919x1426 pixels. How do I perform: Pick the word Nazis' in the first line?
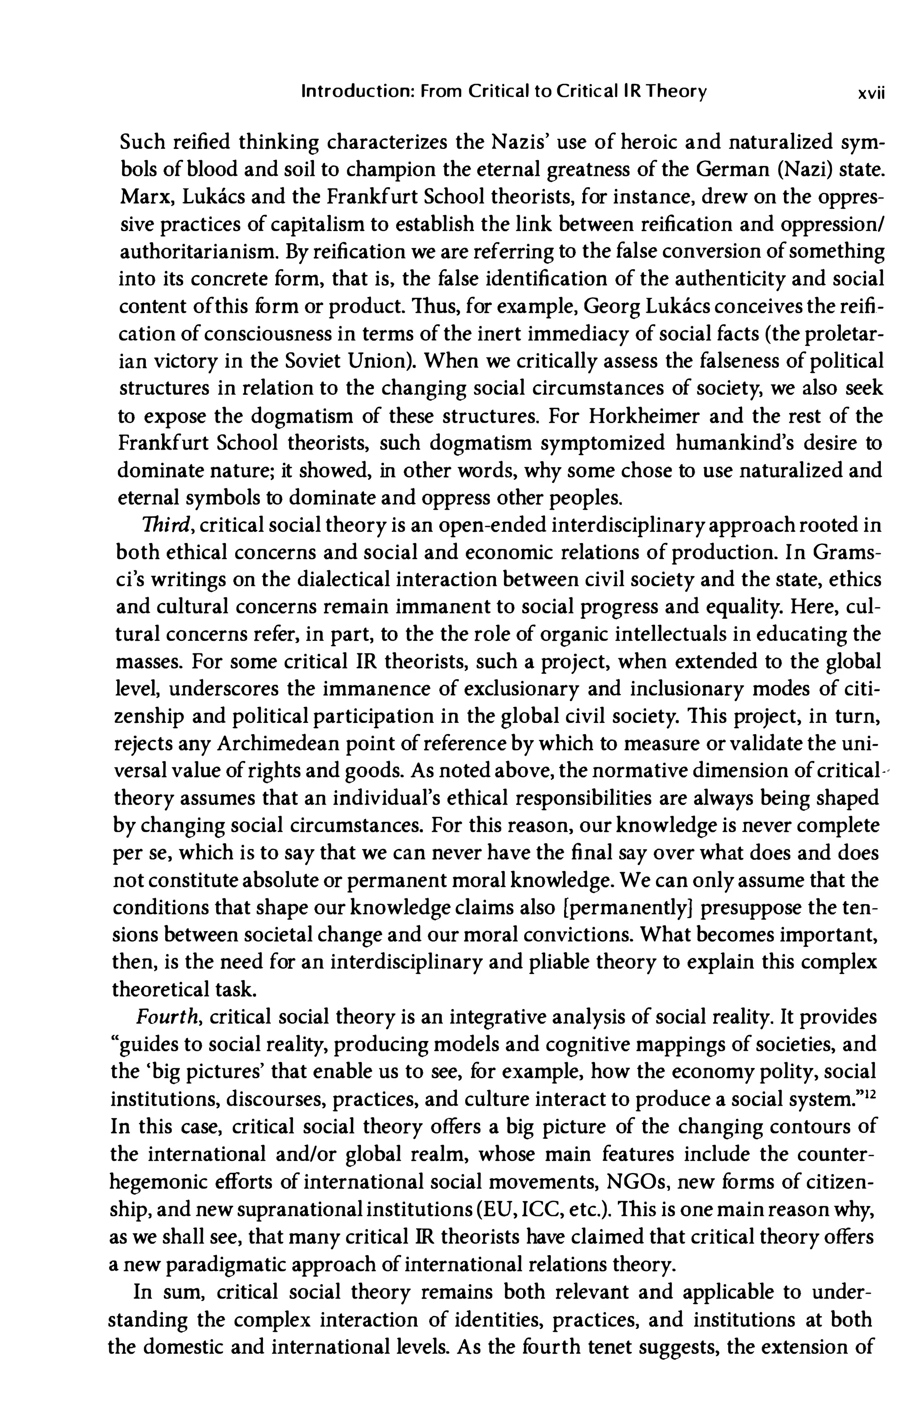[x=523, y=143]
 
